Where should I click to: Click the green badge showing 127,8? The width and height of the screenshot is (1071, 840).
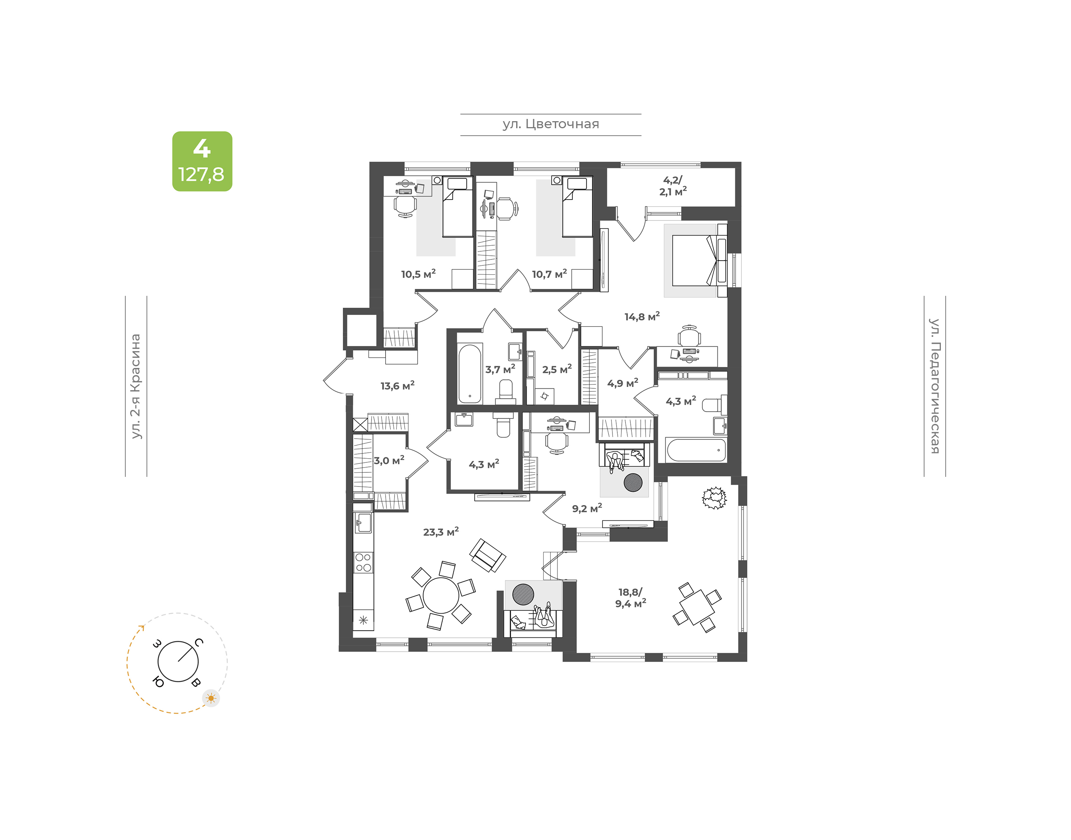point(202,161)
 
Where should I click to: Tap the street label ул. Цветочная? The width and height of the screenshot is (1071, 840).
point(550,124)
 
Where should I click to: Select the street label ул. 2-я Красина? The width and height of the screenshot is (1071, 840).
point(136,386)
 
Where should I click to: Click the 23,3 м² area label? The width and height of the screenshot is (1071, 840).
point(441,532)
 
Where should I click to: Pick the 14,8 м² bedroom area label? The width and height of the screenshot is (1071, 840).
point(642,316)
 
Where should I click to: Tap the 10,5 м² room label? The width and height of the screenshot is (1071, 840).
point(418,274)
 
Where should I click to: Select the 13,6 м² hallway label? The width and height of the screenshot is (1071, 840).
point(398,385)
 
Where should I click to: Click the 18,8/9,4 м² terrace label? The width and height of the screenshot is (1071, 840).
point(631,598)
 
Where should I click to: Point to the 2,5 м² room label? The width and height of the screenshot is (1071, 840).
point(557,369)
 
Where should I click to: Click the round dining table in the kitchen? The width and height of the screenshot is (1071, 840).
point(441,595)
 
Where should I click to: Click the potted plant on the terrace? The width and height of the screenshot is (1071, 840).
point(714,498)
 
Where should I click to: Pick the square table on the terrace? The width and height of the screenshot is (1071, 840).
point(697,607)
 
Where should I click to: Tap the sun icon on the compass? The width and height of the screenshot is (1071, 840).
point(211,698)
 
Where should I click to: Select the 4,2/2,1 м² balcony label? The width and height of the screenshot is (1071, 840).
point(673,186)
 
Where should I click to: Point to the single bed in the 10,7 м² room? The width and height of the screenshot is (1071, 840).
point(578,207)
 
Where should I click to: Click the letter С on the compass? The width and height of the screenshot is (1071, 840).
point(199,642)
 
